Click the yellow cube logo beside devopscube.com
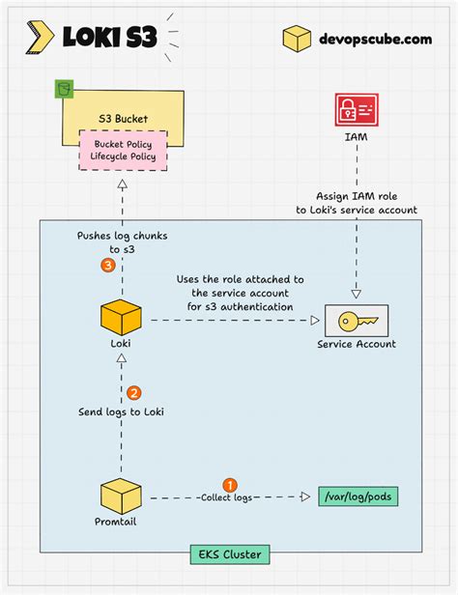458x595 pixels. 296,40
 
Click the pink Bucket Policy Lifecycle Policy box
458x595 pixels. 123,150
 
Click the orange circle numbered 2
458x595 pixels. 134,393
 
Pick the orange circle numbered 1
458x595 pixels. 230,484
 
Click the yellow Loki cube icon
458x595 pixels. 122,318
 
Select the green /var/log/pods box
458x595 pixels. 358,496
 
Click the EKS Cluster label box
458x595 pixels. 229,554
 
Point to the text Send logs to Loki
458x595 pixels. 122,412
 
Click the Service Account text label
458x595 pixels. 357,344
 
